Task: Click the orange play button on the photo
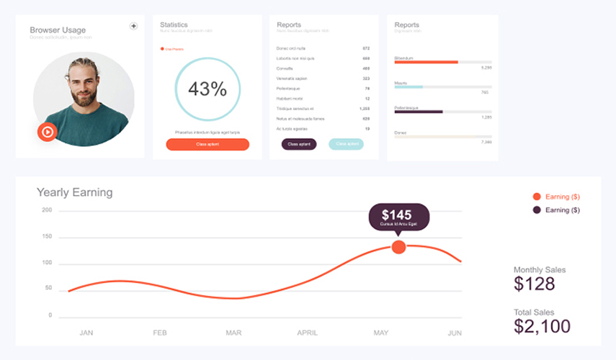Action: [x=47, y=132]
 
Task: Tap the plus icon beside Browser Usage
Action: [x=133, y=26]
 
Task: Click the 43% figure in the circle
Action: [x=207, y=89]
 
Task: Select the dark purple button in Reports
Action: [x=298, y=144]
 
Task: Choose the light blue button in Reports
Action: [x=346, y=144]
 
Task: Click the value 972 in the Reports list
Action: [x=366, y=48]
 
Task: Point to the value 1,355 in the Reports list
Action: [x=365, y=109]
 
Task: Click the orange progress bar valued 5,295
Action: [x=427, y=62]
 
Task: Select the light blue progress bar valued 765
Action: [x=409, y=87]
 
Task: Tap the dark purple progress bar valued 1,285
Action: [x=419, y=112]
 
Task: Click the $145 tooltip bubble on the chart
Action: [x=398, y=216]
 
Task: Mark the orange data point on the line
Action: [x=398, y=247]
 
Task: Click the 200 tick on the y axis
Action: [x=47, y=210]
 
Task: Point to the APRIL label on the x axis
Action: [x=307, y=333]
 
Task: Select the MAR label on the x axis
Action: [x=233, y=333]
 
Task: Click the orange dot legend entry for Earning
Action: [x=536, y=197]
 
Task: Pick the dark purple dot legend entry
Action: [x=536, y=210]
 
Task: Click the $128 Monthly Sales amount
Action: [x=535, y=284]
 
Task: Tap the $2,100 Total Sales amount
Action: [x=542, y=327]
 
